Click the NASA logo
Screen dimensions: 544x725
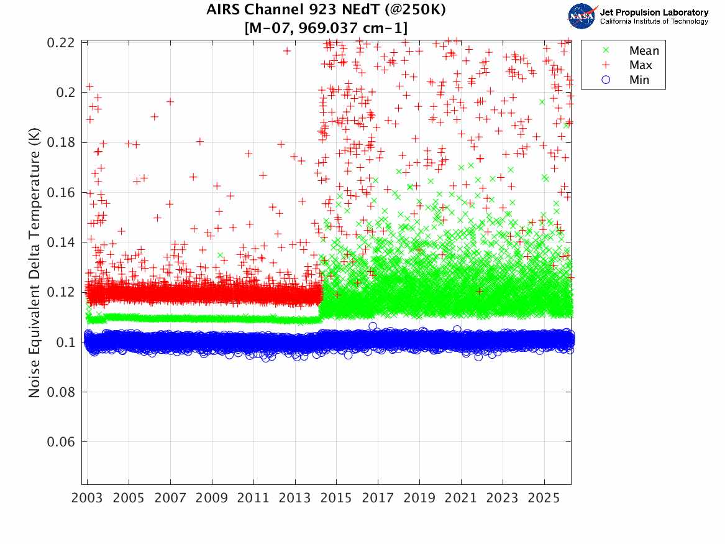click(581, 16)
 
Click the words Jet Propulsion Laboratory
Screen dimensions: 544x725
click(654, 12)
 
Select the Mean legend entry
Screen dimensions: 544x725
click(644, 51)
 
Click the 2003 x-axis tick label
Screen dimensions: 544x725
click(88, 499)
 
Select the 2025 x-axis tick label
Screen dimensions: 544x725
click(544, 499)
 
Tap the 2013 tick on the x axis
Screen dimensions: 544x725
click(295, 499)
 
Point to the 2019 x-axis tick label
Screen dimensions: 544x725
click(420, 499)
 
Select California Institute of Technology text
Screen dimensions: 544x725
click(654, 22)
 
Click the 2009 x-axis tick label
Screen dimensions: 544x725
click(212, 499)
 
